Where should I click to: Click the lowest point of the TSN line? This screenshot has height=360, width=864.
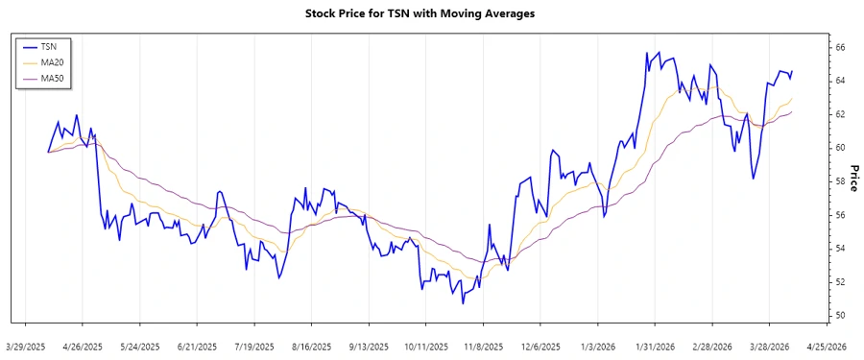coord(463,303)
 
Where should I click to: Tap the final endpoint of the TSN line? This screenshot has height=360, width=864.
coord(792,70)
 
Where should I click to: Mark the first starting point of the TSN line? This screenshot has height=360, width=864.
coord(48,152)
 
